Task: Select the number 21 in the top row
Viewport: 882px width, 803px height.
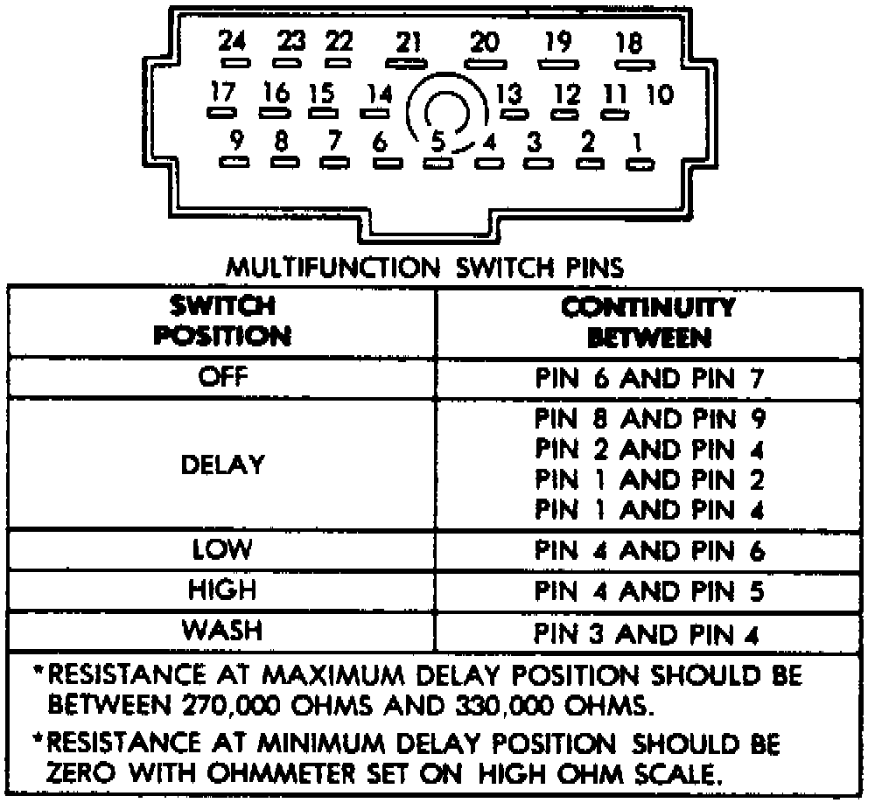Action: [x=408, y=42]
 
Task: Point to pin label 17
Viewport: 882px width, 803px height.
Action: [x=224, y=91]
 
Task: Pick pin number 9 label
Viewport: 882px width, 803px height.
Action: [x=235, y=140]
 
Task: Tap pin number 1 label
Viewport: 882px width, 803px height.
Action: [x=639, y=140]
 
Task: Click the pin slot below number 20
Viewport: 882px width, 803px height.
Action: [x=483, y=63]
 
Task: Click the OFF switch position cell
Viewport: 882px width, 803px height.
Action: [x=223, y=378]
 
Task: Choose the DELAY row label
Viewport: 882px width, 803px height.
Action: [x=223, y=464]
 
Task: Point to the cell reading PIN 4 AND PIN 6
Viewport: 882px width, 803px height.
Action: [x=649, y=552]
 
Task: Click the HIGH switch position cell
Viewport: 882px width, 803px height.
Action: [x=223, y=590]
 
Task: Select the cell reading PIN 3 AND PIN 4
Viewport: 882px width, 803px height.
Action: [x=649, y=632]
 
